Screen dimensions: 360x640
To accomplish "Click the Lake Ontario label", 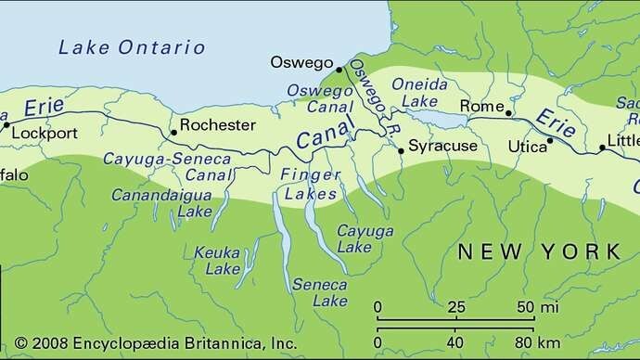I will click(x=131, y=47).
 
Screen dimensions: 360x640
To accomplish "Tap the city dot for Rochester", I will click(x=173, y=134).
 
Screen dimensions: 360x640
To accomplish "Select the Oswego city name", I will click(x=301, y=62).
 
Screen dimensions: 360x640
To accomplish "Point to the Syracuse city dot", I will click(x=400, y=148).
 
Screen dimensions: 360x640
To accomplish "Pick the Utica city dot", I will click(x=550, y=141).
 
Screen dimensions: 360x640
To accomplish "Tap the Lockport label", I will click(x=45, y=133).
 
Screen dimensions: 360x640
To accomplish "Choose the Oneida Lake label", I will click(x=420, y=92).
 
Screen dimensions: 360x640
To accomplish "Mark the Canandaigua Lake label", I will click(x=162, y=203).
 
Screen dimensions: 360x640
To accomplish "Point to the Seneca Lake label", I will click(x=319, y=292).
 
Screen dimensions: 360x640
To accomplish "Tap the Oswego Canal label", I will click(x=319, y=97).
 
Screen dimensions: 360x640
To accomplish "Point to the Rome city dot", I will click(x=508, y=112).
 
